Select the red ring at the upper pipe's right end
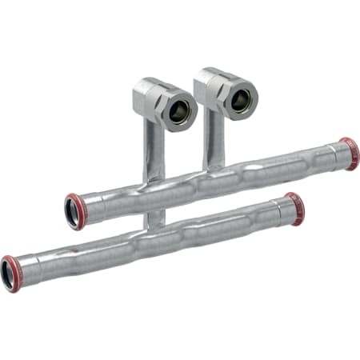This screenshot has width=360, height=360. coord(350,154)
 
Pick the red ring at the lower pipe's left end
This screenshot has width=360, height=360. coord(10,273)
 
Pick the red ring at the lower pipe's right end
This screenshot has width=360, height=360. coord(295,208)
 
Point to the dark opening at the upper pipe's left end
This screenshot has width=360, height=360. coord(73,213)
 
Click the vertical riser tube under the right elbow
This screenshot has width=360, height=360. coord(214,136)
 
